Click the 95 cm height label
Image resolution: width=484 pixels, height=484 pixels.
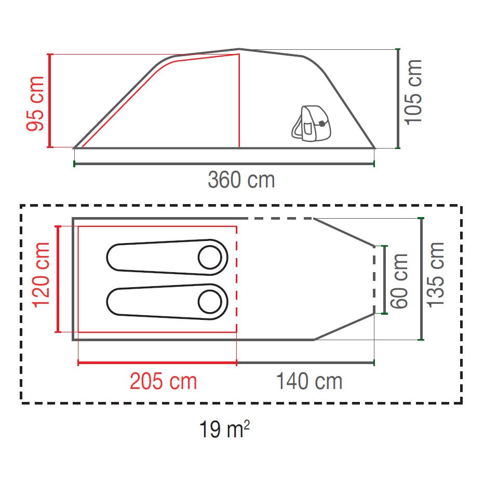pyautogui.click(x=35, y=103)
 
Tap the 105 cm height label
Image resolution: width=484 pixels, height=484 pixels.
pyautogui.click(x=413, y=92)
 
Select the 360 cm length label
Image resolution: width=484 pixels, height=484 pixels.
pyautogui.click(x=241, y=180)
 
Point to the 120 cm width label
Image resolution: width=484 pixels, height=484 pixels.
pyautogui.click(x=41, y=275)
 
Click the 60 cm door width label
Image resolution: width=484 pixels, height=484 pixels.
pyautogui.click(x=399, y=281)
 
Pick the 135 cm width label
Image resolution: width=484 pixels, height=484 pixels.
pyautogui.click(x=435, y=275)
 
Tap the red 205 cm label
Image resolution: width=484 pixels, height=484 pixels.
pyautogui.click(x=163, y=381)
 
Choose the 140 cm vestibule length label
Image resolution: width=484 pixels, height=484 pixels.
pyautogui.click(x=309, y=381)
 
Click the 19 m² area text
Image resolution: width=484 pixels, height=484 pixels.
pyautogui.click(x=224, y=428)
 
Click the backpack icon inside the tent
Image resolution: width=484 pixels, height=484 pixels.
pyautogui.click(x=311, y=124)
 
